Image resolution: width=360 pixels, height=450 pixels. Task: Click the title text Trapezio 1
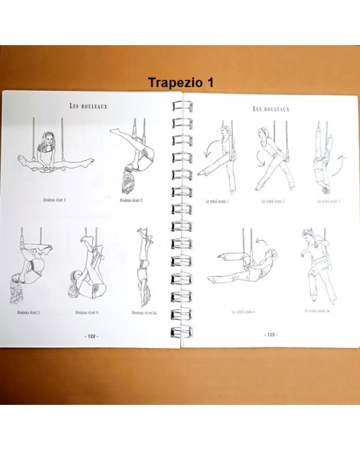[x=181, y=83]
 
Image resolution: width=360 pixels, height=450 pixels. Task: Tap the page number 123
[x=270, y=334]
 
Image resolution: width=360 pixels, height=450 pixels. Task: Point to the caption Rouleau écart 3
[x=29, y=312]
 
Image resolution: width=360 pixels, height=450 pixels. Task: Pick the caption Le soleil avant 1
[x=216, y=201]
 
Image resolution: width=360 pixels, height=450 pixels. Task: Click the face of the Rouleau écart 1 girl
[x=47, y=143]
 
